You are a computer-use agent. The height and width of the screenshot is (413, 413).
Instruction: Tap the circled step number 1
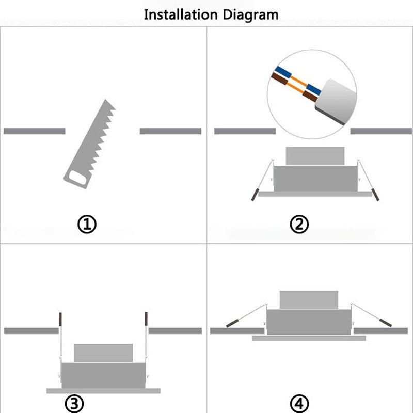click(87, 225)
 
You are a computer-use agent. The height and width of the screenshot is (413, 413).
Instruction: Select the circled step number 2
click(299, 225)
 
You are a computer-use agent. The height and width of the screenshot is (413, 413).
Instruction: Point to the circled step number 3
click(75, 403)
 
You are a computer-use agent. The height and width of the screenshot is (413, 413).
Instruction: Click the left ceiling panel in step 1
click(34, 131)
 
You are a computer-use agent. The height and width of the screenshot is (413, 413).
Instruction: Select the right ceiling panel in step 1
click(170, 131)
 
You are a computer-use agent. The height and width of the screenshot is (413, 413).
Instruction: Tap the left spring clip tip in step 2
click(253, 196)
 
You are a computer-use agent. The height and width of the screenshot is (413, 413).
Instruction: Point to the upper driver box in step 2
click(315, 155)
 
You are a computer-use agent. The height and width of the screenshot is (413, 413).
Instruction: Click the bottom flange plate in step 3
click(103, 391)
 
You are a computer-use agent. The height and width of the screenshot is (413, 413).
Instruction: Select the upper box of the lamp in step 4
click(309, 299)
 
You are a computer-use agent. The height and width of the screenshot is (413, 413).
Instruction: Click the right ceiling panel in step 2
click(381, 131)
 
